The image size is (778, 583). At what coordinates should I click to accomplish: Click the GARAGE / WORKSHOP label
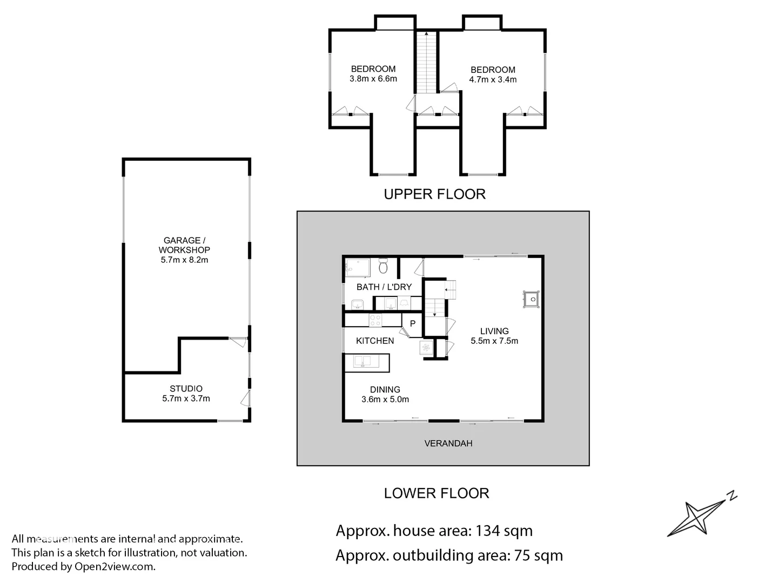pos(184,250)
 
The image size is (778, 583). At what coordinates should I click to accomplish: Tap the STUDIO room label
pos(186,389)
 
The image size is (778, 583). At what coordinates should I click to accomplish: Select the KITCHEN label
pos(375,341)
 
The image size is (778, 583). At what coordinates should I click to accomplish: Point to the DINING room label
pos(385,390)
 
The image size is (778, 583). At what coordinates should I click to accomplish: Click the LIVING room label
pos(494,331)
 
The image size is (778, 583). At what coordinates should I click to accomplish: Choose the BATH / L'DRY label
pos(384,287)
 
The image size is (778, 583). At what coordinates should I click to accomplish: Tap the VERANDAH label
pos(448,443)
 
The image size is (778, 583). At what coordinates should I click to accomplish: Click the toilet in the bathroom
pos(384,266)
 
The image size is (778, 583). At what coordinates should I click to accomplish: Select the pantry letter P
pos(413,324)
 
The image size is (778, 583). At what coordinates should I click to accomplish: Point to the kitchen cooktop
pos(376,320)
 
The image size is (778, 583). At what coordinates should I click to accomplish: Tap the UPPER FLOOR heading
pos(434,194)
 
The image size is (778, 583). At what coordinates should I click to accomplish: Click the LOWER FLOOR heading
pos(437,493)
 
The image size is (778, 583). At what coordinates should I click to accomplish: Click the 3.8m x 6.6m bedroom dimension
pos(373,79)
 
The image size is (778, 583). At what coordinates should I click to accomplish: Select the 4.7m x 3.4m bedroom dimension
pos(493,80)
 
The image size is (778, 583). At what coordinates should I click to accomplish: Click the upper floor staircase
pos(426,62)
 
